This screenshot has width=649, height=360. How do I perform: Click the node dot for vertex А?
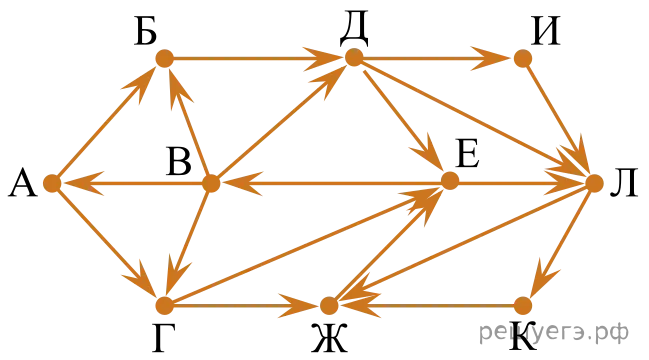tap(52, 183)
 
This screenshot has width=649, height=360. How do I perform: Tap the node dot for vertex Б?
tap(164, 58)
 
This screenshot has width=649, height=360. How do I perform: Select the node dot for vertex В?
tap(211, 183)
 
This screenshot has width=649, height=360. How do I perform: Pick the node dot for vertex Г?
tap(164, 305)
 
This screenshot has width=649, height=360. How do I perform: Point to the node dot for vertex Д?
tap(354, 57)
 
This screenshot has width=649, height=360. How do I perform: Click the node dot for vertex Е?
tap(450, 181)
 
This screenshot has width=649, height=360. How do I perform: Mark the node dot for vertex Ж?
tap(329, 306)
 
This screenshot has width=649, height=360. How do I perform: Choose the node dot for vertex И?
tap(523, 58)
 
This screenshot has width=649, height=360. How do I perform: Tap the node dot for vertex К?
tap(523, 306)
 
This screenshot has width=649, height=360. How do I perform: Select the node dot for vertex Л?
tap(594, 183)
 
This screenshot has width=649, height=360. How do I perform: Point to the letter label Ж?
tap(329, 338)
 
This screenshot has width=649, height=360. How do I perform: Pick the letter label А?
tap(23, 184)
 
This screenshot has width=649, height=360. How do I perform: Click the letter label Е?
tap(468, 153)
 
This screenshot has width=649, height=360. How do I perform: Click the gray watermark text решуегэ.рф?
tap(554, 332)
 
